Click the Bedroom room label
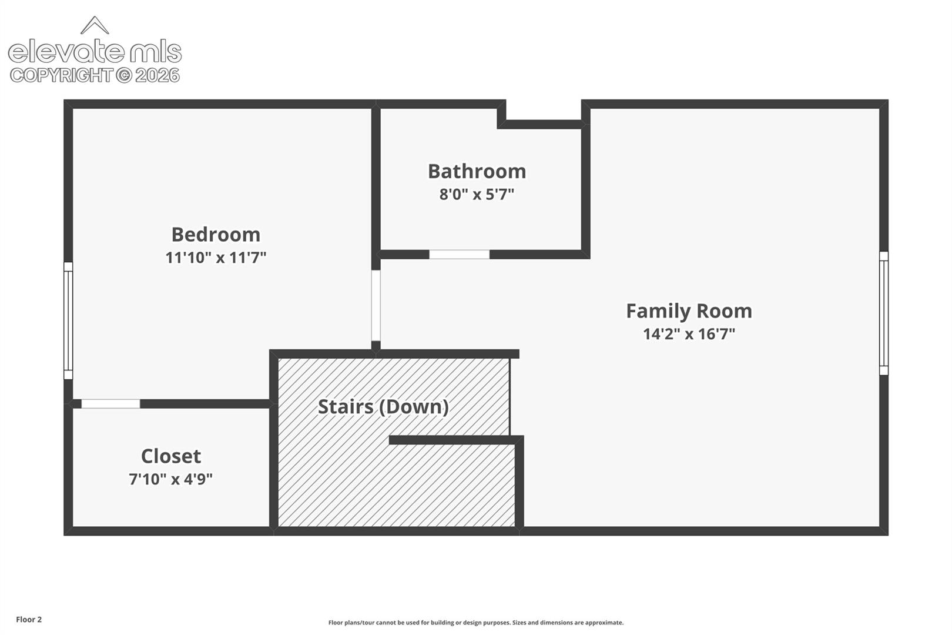coord(216,235)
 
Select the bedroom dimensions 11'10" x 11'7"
coord(216,258)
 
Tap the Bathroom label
coord(477,172)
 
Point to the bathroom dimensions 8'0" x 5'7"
coord(477,195)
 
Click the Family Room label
coord(689,311)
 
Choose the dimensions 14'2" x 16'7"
coord(689,334)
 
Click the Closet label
coord(171,456)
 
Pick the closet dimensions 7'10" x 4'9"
coord(171,479)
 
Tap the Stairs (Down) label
coord(383,407)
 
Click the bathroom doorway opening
coord(459,255)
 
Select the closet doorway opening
coord(110,403)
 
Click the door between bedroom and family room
coord(376,305)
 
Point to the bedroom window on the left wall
coord(68,320)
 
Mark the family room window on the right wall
coord(884,313)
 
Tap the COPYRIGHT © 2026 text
coord(95,76)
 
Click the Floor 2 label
coord(29,619)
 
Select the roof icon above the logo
coord(95,25)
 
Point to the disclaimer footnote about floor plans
coord(476,623)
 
